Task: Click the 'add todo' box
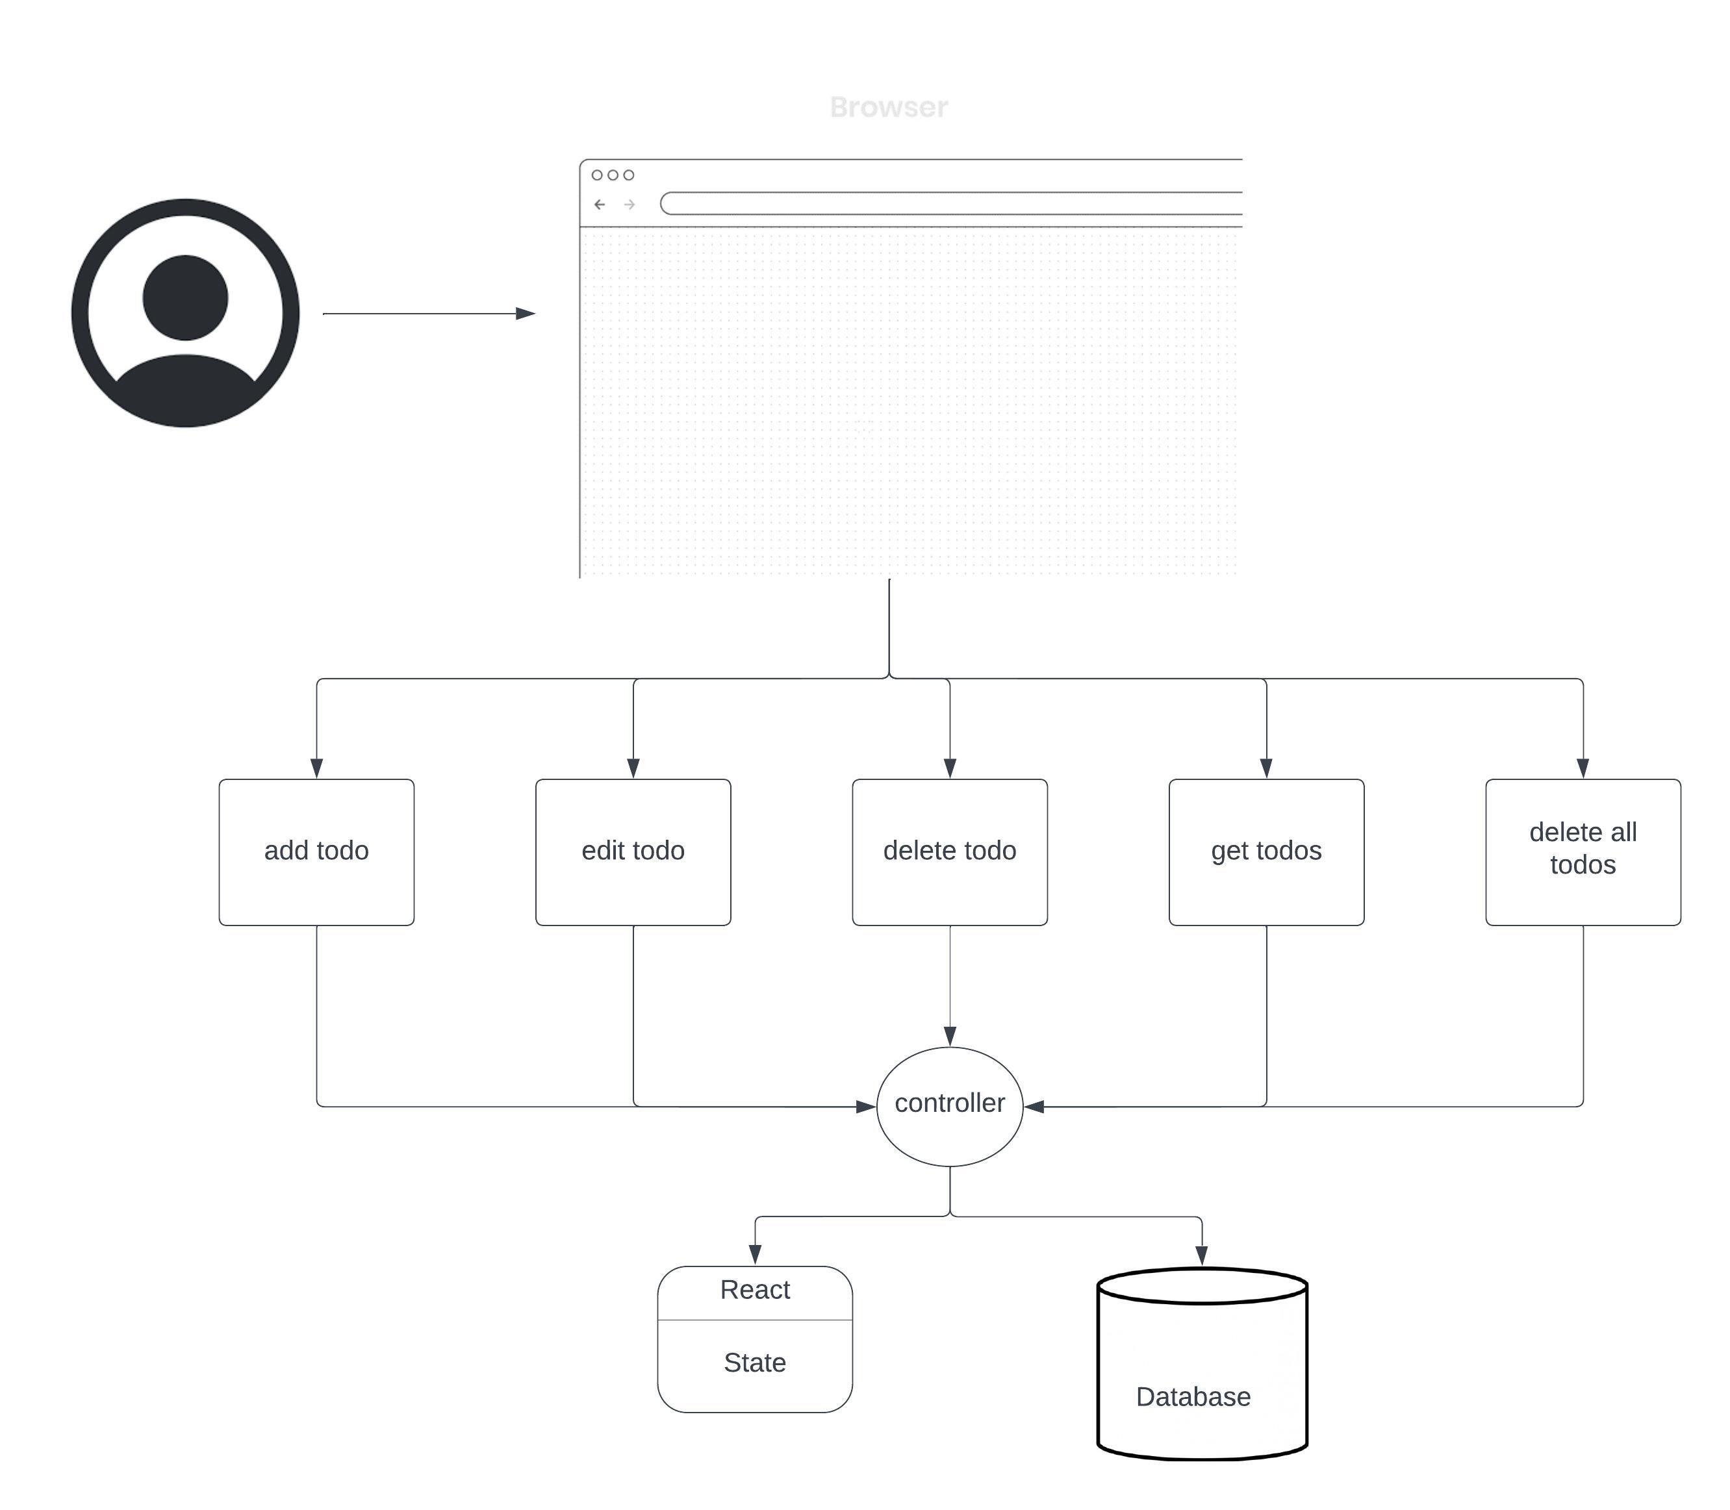tap(316, 851)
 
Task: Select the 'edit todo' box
tap(633, 851)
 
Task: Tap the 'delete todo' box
tap(950, 851)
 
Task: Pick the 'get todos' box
tap(1266, 851)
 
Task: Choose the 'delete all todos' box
tap(1583, 851)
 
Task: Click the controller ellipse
tap(950, 1105)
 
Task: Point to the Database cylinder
tap(1202, 1365)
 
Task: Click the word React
tap(755, 1290)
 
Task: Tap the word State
tap(755, 1363)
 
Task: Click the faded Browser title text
tap(888, 107)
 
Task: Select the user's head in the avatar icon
tap(185, 297)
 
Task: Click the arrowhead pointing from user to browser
tap(525, 314)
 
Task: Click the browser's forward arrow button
tap(629, 204)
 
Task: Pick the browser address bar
tap(952, 203)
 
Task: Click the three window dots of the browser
tap(613, 175)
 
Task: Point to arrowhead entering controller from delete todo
tap(950, 1036)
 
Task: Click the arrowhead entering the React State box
tap(755, 1254)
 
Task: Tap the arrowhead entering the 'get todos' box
tap(1266, 768)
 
